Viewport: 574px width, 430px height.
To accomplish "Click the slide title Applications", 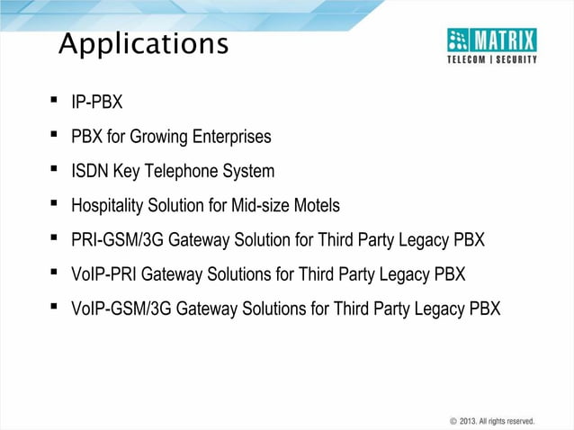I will [143, 44].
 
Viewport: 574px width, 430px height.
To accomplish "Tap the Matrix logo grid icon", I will [459, 40].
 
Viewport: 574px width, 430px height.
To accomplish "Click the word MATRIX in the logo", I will [504, 40].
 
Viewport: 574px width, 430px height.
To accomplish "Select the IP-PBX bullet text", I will [96, 103].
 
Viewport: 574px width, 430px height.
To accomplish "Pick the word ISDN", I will [89, 172].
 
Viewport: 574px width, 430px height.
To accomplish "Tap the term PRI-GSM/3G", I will [115, 240].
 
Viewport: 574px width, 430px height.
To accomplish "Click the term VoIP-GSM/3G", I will [121, 309].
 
